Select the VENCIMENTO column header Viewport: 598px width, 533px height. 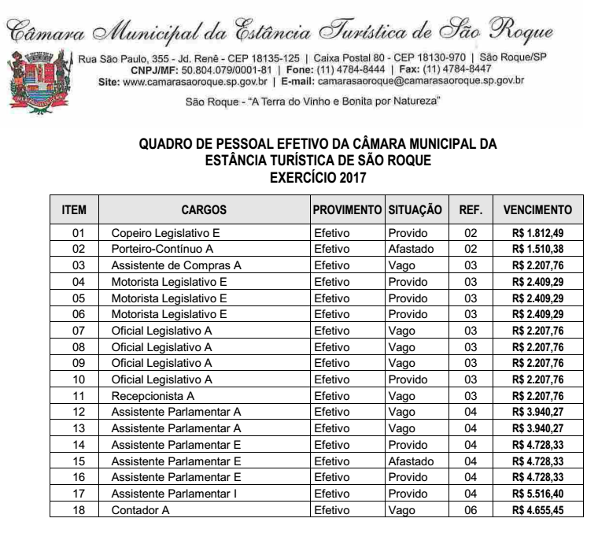[x=537, y=210]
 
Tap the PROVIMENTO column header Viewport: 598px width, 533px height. [x=346, y=210]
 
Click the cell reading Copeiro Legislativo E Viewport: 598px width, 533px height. [x=165, y=233]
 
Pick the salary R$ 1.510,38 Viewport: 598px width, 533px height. [x=538, y=249]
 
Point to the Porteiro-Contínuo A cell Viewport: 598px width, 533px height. [x=163, y=249]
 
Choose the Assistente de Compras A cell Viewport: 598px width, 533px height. [x=176, y=265]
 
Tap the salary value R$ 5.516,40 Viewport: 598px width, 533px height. [x=538, y=494]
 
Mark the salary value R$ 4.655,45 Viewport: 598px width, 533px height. [x=538, y=510]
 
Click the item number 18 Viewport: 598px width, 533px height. [x=78, y=510]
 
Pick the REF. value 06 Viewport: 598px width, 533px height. [x=471, y=510]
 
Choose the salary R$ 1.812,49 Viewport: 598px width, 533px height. [x=538, y=233]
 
